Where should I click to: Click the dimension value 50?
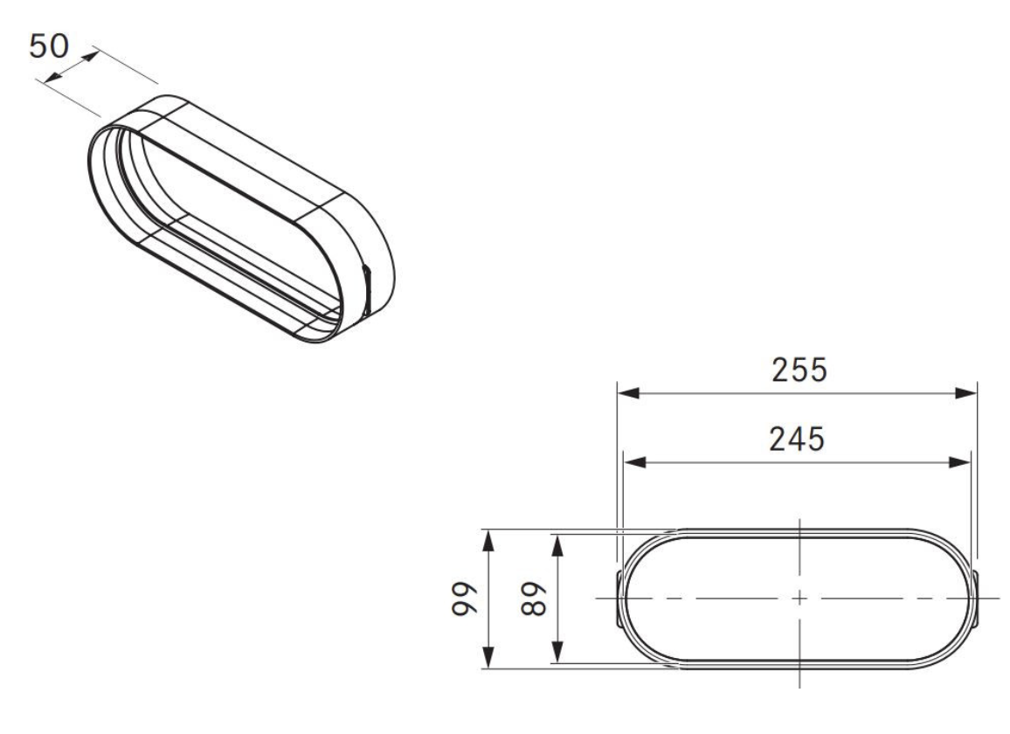49,46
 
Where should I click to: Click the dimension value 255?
799,370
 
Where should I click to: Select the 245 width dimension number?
797,439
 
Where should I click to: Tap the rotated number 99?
463,599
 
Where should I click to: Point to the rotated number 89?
533,599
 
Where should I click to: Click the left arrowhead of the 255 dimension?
628,391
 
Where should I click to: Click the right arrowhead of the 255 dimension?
966,391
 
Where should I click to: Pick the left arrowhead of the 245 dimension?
634,461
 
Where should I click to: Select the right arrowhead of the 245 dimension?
959,461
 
